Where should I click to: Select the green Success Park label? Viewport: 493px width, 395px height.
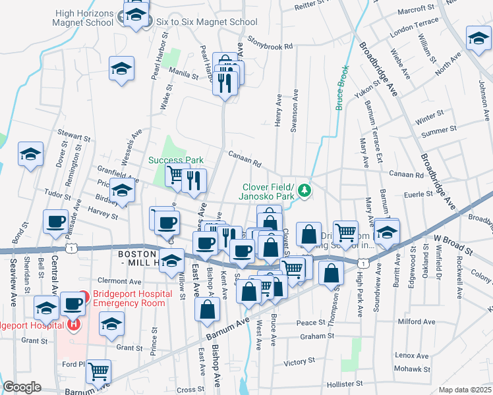click(x=175, y=160)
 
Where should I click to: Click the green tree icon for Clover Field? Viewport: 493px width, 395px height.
click(x=304, y=191)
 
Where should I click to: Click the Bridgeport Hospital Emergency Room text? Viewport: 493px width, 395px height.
click(x=136, y=298)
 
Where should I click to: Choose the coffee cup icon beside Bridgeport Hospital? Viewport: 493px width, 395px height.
click(x=72, y=305)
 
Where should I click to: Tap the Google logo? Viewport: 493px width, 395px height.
click(x=21, y=387)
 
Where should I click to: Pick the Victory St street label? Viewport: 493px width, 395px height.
click(x=299, y=362)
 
